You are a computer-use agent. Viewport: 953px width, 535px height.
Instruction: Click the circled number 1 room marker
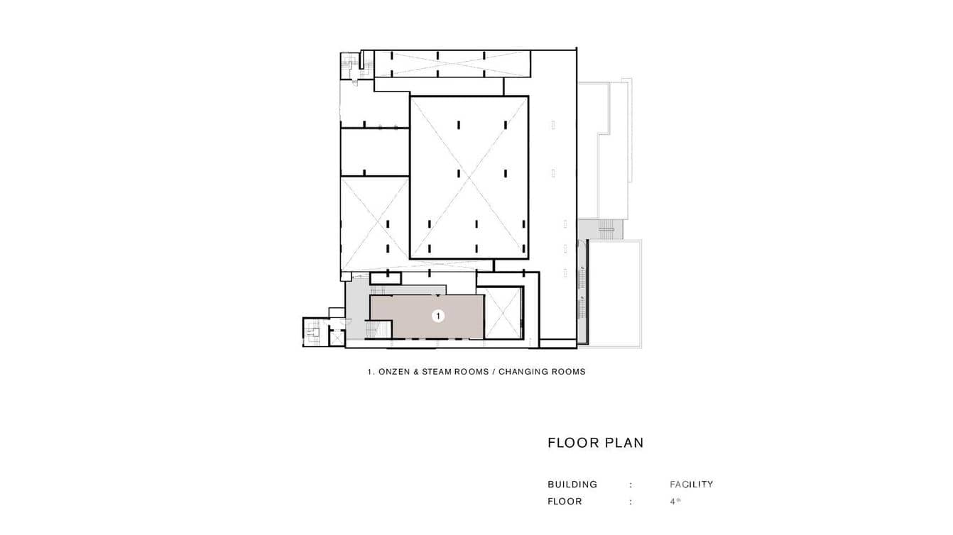pyautogui.click(x=438, y=316)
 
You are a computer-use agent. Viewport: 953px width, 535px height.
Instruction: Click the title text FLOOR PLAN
pyautogui.click(x=595, y=443)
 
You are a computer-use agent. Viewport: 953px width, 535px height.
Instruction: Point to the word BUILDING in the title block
pyautogui.click(x=572, y=485)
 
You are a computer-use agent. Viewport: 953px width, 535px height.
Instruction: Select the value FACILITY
pyautogui.click(x=691, y=485)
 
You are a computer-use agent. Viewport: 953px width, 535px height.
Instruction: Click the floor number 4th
pyautogui.click(x=674, y=501)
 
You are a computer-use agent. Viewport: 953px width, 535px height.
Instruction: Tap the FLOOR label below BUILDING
pyautogui.click(x=565, y=502)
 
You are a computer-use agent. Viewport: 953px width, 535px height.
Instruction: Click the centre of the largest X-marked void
pyautogui.click(x=469, y=177)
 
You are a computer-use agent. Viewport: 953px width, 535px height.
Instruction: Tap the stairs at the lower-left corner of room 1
pyautogui.click(x=378, y=330)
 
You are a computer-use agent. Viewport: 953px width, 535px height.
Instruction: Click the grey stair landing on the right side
pyautogui.click(x=605, y=228)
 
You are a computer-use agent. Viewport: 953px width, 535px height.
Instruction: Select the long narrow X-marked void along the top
pyautogui.click(x=452, y=65)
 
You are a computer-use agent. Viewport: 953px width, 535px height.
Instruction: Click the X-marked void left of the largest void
pyautogui.click(x=375, y=223)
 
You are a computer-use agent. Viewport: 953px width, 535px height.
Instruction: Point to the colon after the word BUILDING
pyautogui.click(x=631, y=485)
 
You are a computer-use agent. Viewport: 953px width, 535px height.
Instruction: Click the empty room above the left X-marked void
pyautogui.click(x=375, y=151)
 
